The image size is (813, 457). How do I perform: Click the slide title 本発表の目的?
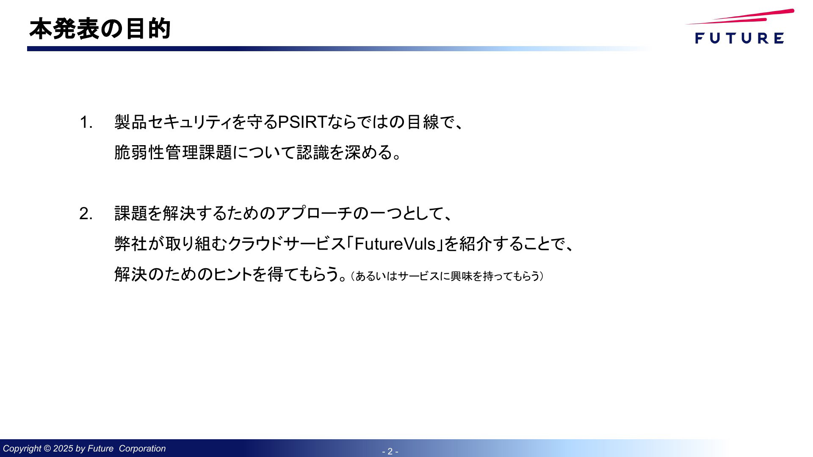point(100,29)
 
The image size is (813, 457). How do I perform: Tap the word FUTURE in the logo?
point(739,38)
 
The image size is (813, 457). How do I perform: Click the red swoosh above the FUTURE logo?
point(740,17)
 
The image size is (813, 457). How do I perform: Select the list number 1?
point(86,122)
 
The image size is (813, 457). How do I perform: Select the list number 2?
point(86,214)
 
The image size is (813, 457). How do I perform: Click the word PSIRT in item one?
point(302,122)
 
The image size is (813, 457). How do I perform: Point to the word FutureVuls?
point(395,244)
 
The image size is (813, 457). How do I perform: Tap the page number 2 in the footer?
point(390,451)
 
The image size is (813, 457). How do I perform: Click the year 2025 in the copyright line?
point(63,449)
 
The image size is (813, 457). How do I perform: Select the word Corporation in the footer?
point(142,449)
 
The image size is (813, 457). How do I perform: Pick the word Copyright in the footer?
point(22,449)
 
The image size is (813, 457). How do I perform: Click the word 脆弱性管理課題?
point(173,152)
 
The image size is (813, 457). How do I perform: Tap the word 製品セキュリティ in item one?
point(173,122)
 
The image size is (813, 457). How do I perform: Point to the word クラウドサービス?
point(287,244)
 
